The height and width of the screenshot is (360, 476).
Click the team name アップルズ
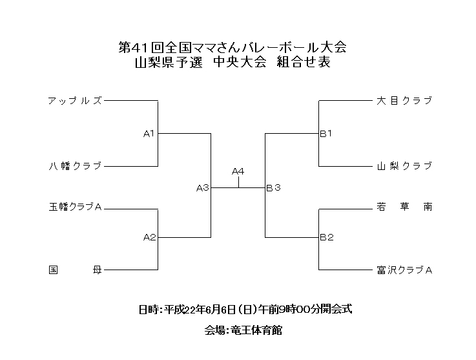click(x=75, y=101)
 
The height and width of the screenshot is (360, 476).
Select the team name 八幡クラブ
click(x=75, y=166)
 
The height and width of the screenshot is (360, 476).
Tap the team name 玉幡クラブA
click(x=76, y=207)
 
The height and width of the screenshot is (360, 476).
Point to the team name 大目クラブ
click(x=404, y=101)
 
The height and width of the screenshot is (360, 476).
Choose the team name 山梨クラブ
click(x=404, y=166)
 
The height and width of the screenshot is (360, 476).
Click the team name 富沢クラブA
click(x=404, y=270)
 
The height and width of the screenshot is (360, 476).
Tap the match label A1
click(x=149, y=134)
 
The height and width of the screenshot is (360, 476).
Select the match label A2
click(x=149, y=237)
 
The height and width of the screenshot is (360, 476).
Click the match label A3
click(x=203, y=188)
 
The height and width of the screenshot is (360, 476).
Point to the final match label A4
click(x=238, y=171)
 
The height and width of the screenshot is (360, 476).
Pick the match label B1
click(x=326, y=134)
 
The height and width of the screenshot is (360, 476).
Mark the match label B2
click(x=326, y=237)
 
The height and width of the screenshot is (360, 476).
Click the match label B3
click(x=273, y=188)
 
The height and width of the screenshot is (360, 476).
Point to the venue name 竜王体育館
click(x=253, y=330)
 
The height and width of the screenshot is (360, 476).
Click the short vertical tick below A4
click(x=239, y=182)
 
